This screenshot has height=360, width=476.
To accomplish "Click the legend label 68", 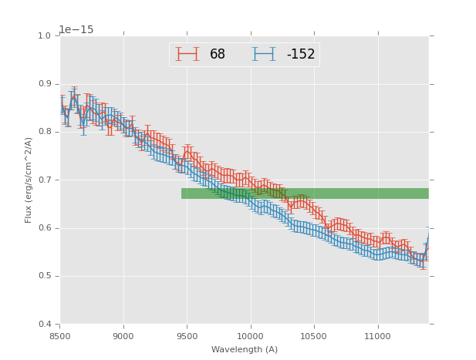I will [218, 55].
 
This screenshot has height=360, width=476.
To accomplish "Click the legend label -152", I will [301, 55].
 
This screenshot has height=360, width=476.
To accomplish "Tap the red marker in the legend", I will [187, 54].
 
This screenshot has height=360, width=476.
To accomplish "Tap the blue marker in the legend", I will [264, 54].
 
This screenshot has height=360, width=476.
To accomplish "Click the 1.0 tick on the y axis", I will [44, 36].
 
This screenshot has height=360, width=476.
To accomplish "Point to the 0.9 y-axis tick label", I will [44, 84].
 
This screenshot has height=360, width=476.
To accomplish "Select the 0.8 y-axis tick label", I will [44, 132].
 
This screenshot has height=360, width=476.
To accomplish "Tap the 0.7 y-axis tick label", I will [44, 180].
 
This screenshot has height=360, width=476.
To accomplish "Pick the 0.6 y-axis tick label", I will [44, 228].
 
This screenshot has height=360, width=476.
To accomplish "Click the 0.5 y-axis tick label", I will [44, 276].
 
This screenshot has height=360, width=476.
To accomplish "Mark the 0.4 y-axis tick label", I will [44, 324].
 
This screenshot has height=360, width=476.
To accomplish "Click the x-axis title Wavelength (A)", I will [244, 350].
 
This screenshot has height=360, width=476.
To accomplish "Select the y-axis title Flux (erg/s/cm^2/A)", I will [29, 180].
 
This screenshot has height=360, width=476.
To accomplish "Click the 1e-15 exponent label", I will [76, 30].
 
